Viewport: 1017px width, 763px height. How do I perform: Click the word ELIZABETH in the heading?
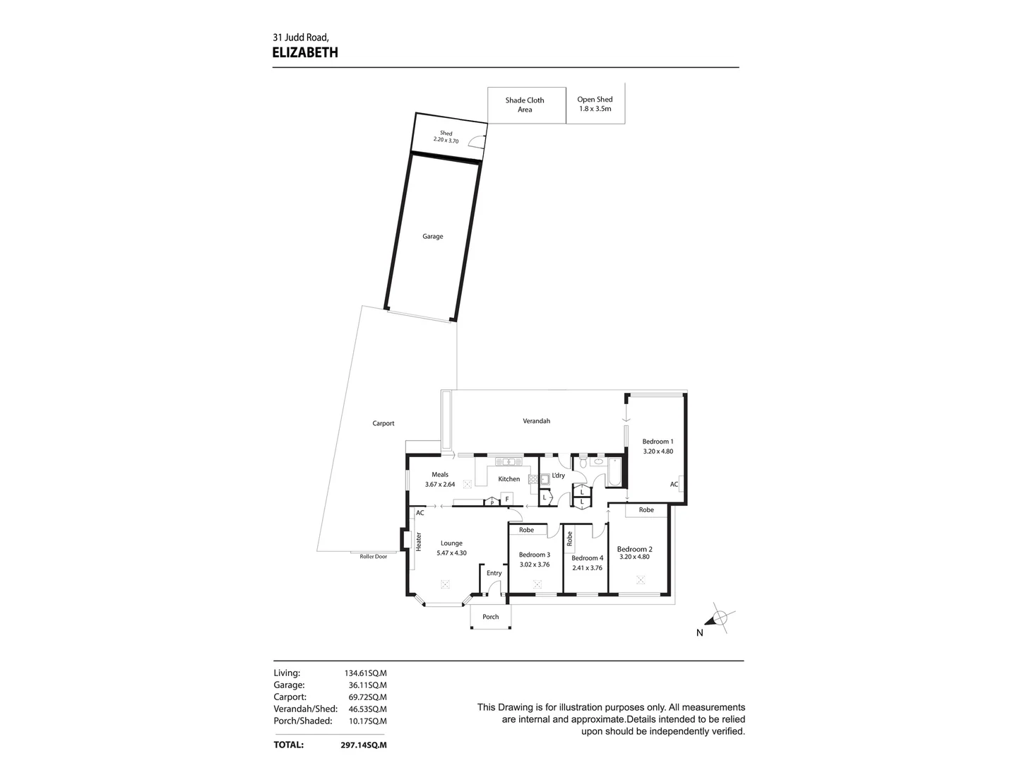[305, 52]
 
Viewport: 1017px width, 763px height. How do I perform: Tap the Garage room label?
[433, 237]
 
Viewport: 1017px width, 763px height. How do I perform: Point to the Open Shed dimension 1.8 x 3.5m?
[595, 110]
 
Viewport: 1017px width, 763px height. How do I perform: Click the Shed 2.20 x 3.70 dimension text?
[446, 141]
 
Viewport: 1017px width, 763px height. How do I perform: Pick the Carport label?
[383, 423]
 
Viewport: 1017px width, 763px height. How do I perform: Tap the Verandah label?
[536, 421]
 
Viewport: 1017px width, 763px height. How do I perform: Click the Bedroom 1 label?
[658, 442]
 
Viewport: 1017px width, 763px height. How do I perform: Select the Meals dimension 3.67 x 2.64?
[440, 485]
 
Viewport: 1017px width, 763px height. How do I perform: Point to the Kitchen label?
[509, 479]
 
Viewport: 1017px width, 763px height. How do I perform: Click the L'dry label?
[559, 475]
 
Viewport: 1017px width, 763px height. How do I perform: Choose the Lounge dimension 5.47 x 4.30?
[451, 553]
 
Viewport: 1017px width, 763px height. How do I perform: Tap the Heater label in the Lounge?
[419, 541]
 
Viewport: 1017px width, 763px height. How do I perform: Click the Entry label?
[494, 573]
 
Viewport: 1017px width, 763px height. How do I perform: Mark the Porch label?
[490, 617]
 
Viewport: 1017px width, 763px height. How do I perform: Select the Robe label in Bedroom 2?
[646, 509]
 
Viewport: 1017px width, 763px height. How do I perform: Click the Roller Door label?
[374, 557]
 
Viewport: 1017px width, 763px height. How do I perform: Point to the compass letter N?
[700, 633]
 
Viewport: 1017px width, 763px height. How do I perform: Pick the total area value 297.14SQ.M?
[364, 745]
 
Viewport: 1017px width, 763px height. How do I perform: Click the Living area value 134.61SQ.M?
[364, 673]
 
